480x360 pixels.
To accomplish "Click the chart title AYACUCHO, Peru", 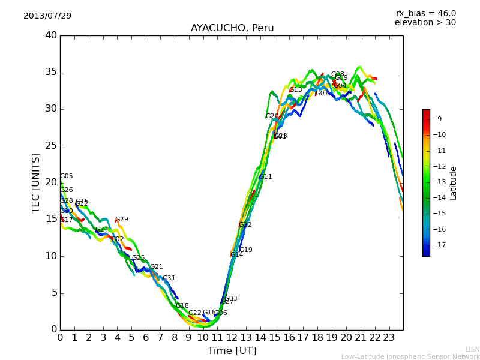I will pyautogui.click(x=232, y=28).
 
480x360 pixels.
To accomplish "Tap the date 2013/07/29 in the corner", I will pyautogui.click(x=47, y=16).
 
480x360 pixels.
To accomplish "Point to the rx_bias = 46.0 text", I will pyautogui.click(x=425, y=14).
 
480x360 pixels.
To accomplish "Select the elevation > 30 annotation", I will pyautogui.click(x=425, y=23).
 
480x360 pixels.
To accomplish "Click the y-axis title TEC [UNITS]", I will pyautogui.click(x=36, y=182).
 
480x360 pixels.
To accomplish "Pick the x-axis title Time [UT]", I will pyautogui.click(x=232, y=351).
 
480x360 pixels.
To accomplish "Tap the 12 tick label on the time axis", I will pyautogui.click(x=232, y=337).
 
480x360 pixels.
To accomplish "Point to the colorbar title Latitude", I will pyautogui.click(x=454, y=183).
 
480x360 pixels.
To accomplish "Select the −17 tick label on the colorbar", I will pyautogui.click(x=439, y=245).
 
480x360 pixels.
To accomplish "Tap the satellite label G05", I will pyautogui.click(x=67, y=176).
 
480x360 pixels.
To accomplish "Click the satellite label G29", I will pyautogui.click(x=122, y=220).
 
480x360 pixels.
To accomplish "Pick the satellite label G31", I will pyautogui.click(x=169, y=278).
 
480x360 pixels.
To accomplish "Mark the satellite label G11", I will pyautogui.click(x=266, y=177).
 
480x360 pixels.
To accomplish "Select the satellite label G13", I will pyautogui.click(x=296, y=90).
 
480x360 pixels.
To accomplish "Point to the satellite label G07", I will pyautogui.click(x=322, y=94).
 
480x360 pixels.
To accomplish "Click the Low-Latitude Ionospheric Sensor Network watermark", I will pyautogui.click(x=410, y=357).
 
